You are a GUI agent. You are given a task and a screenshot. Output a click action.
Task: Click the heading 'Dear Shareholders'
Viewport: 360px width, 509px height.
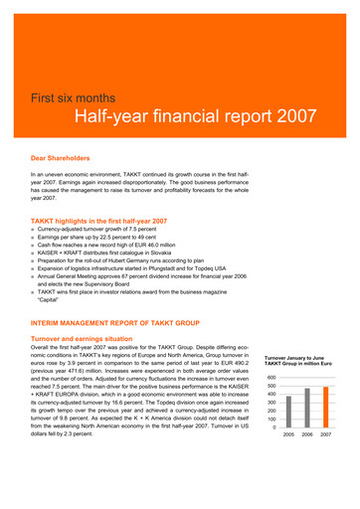(62, 158)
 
